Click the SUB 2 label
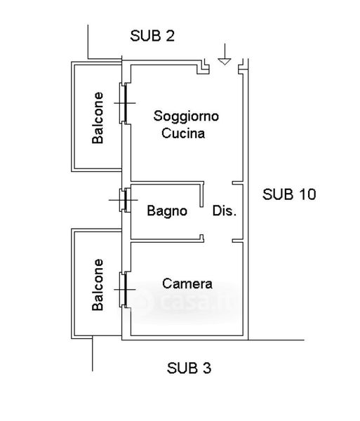152,36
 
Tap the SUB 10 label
289,194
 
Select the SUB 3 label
189,368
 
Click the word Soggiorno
186,116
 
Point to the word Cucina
183,133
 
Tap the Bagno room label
167,211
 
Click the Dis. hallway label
225,210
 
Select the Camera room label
187,283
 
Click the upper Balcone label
98,118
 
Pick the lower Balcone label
98,285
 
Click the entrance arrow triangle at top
225,62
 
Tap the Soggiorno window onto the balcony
126,103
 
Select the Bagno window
125,200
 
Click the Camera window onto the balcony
126,290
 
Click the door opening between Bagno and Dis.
202,221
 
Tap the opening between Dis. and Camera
218,241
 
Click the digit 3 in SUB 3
206,368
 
